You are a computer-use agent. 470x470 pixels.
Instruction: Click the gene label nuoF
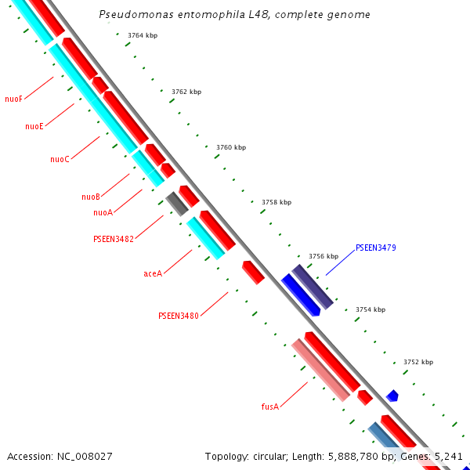[13, 99]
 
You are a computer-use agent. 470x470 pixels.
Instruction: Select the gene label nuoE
[34, 126]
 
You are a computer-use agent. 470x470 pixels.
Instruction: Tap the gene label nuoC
[60, 159]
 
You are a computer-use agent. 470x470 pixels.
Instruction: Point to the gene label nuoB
[91, 197]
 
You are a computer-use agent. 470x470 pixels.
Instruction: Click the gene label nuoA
[103, 212]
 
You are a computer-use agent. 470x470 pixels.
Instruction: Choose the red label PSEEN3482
[113, 239]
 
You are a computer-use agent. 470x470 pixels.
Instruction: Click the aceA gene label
[153, 273]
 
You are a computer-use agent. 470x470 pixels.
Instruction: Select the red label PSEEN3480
[178, 316]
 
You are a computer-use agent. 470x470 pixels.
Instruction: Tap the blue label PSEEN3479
[375, 248]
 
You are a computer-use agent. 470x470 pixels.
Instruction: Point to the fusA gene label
[269, 407]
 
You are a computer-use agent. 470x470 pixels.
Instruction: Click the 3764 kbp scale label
[143, 35]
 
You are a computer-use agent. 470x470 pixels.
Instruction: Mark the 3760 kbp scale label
[231, 147]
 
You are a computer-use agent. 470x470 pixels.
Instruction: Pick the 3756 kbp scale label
[324, 256]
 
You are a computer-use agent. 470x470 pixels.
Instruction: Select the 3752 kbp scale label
[418, 362]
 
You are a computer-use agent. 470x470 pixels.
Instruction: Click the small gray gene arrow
[176, 204]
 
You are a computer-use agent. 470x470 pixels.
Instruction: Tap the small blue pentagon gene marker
[392, 396]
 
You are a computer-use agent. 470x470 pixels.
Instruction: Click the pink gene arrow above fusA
[320, 370]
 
